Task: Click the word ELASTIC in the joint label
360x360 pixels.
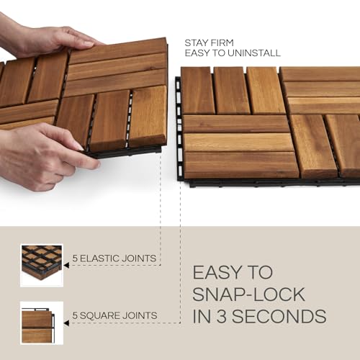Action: pyautogui.click(x=105, y=258)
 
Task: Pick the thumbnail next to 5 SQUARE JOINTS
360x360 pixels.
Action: pyautogui.click(x=42, y=322)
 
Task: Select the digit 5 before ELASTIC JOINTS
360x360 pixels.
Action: pyautogui.click(x=74, y=258)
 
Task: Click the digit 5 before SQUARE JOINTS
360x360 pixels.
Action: pyautogui.click(x=74, y=315)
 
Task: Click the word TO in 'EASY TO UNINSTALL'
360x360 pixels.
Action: pyautogui.click(x=215, y=53)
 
